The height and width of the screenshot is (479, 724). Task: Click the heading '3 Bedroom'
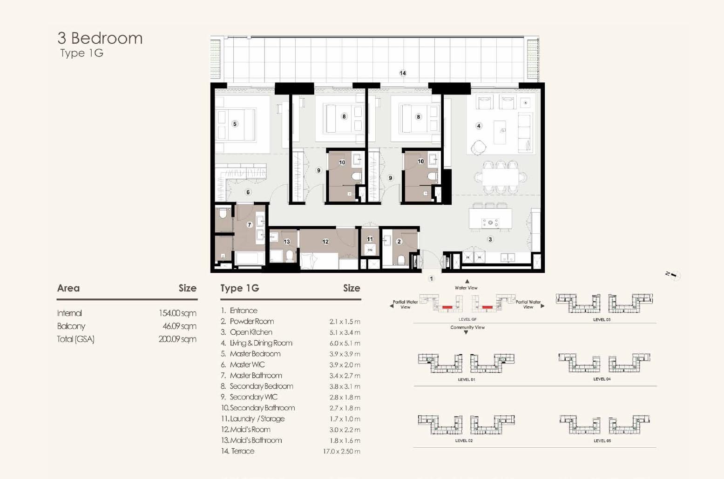point(100,38)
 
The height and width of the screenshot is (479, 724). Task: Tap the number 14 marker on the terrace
point(403,73)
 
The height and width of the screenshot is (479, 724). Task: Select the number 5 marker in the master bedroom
point(235,124)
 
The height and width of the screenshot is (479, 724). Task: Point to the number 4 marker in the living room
point(479,126)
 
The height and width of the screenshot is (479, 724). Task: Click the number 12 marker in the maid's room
point(325,242)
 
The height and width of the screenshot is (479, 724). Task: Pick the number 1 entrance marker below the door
point(431,279)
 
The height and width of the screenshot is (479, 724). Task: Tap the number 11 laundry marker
point(370,239)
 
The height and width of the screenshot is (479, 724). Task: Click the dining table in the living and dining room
point(501,177)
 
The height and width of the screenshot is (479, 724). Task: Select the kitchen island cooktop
point(490,223)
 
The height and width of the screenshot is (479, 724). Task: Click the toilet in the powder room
point(401,260)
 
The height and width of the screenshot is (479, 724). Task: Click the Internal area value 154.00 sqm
point(177,313)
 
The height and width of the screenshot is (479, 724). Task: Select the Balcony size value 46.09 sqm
point(179,326)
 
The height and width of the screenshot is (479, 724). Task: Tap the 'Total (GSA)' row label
point(75,339)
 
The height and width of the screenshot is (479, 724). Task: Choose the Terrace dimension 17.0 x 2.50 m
point(342,451)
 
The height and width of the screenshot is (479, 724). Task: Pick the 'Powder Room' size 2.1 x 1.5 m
point(345,322)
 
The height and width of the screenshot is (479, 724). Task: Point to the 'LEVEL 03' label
point(602,320)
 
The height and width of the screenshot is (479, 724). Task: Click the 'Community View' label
point(467,327)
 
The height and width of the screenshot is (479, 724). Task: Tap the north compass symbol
point(673,275)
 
